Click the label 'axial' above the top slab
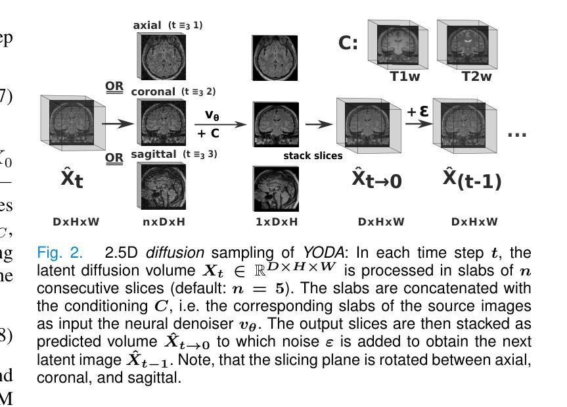tap(147, 25)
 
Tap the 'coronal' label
tap(153, 92)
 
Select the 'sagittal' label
tap(155, 154)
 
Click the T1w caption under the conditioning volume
tap(400, 77)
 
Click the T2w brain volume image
tap(465, 45)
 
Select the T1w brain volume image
tap(397, 45)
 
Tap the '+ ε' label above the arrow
tap(417, 112)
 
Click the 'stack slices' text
tap(313, 156)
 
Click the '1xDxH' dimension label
tap(275, 222)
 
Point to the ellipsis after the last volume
tap(517, 134)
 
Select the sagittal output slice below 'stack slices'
tap(275, 188)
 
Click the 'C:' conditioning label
tap(348, 44)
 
